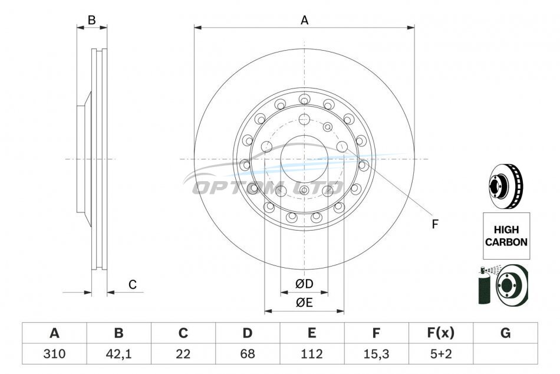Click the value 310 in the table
(54, 353)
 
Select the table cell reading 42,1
(118, 353)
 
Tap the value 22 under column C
(183, 353)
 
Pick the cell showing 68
(248, 353)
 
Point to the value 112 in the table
(312, 353)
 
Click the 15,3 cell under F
(376, 353)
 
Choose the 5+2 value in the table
(441, 353)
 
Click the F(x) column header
(441, 333)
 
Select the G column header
(505, 333)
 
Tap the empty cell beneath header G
(505, 353)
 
